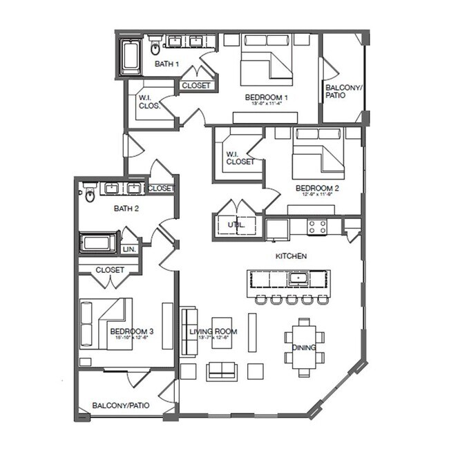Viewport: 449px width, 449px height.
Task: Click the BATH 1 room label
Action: [x=166, y=64]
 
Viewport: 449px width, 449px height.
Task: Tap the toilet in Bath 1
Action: [x=155, y=48]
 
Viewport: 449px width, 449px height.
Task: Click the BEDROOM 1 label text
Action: [x=266, y=98]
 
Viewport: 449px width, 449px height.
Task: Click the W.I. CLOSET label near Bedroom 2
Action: [x=240, y=158]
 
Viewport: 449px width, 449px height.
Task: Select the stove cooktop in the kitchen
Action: [x=317, y=226]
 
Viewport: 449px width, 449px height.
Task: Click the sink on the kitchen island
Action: [x=298, y=279]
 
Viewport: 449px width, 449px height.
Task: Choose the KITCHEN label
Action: [x=291, y=256]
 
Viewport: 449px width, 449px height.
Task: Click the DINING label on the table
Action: [x=304, y=347]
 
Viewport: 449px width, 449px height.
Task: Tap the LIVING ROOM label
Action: [x=213, y=332]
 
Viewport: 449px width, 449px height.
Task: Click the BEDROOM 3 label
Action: [x=131, y=332]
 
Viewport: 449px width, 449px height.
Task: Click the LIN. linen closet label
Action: [x=129, y=249]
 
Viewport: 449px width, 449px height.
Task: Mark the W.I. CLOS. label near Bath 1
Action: [x=150, y=102]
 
